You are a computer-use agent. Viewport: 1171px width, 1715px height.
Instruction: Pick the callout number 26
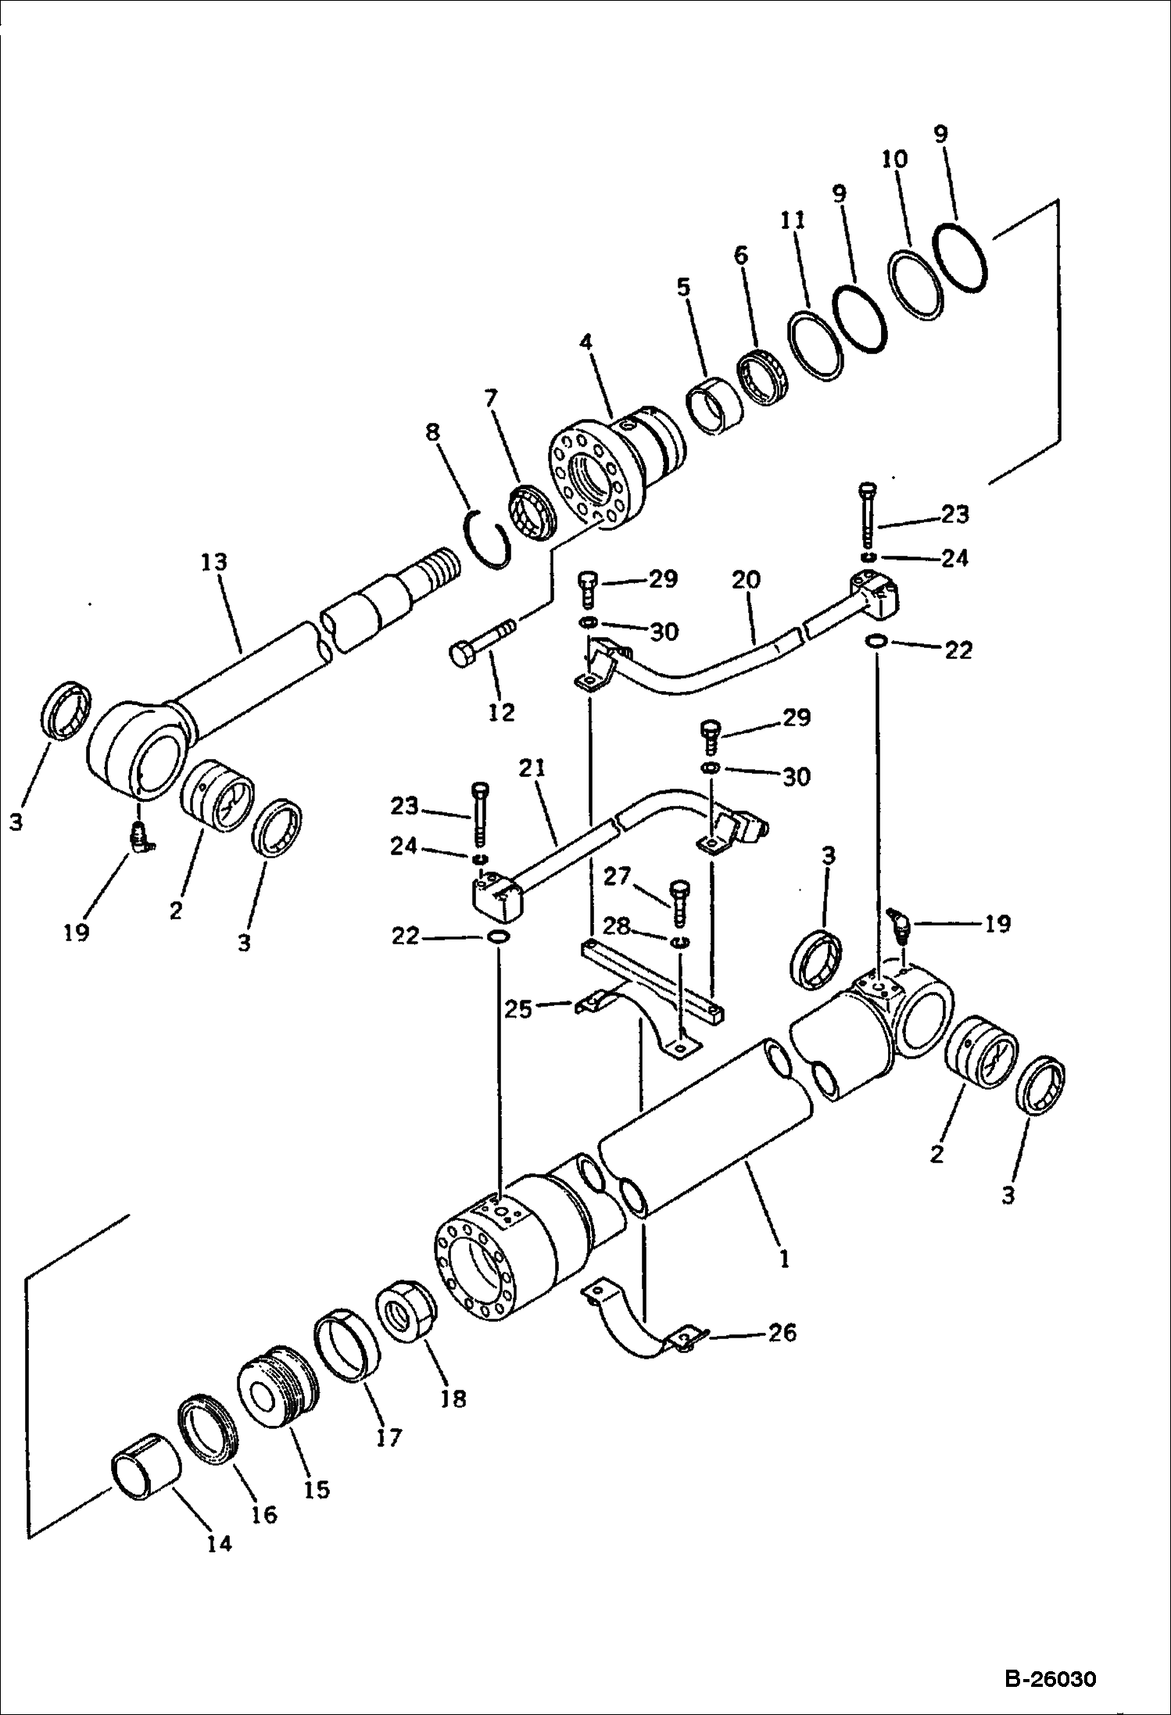coord(782,1331)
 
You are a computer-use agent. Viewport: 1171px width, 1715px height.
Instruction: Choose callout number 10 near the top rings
coord(895,159)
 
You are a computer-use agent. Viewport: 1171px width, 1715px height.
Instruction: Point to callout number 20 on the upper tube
coord(747,582)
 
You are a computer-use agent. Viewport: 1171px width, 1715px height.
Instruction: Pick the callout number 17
coord(389,1437)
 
